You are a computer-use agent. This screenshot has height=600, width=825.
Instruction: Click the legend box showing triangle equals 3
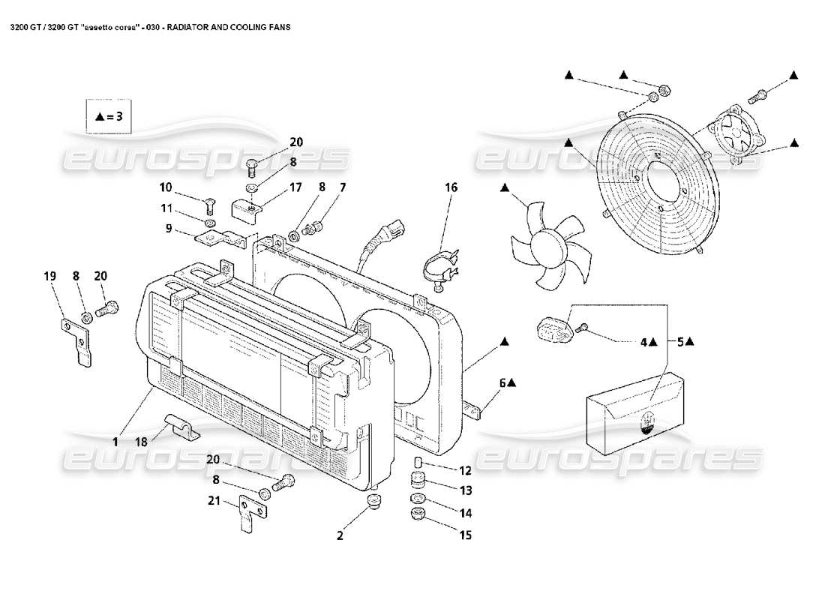(x=109, y=116)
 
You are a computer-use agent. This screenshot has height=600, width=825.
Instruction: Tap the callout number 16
(x=450, y=187)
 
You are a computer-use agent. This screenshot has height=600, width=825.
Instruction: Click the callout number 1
(x=115, y=442)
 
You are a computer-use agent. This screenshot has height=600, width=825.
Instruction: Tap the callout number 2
(x=340, y=535)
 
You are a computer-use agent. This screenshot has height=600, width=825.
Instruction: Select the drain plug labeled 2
(x=373, y=502)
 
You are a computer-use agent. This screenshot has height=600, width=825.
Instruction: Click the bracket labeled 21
(x=251, y=514)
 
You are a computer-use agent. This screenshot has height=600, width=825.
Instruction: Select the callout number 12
(x=465, y=471)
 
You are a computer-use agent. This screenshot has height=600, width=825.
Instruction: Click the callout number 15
(x=465, y=535)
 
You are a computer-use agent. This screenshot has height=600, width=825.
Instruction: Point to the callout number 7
(x=342, y=187)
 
